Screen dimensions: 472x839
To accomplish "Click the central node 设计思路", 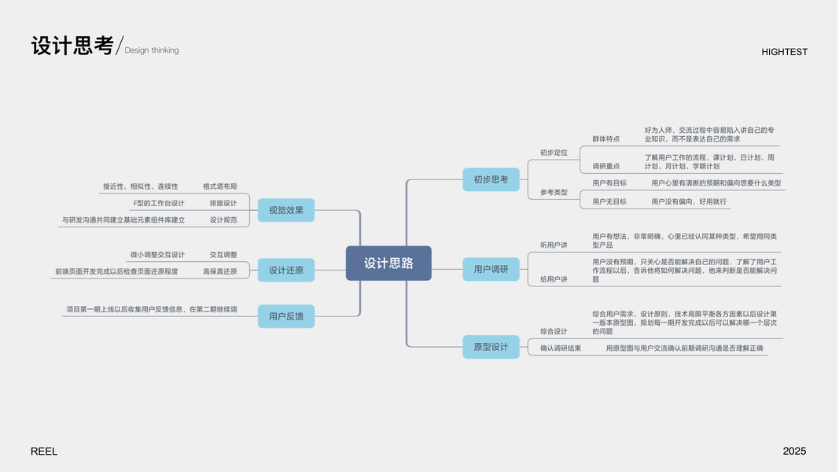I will [x=388, y=264].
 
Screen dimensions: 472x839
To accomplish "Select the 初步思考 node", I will [x=491, y=179].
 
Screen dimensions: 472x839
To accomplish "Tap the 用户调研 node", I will [x=491, y=269].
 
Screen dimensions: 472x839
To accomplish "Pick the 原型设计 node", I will [x=491, y=347].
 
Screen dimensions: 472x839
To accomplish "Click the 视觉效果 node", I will [x=285, y=210].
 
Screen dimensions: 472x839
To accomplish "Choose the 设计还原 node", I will [x=285, y=270].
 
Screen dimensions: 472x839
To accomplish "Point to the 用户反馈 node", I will [x=285, y=316].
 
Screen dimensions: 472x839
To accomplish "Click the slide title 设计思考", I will [x=72, y=46].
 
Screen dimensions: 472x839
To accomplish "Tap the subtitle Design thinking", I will [x=152, y=50].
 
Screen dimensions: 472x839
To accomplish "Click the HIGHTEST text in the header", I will [x=784, y=52].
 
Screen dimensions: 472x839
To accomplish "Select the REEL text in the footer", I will [x=44, y=452].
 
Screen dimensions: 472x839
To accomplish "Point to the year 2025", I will [x=794, y=452].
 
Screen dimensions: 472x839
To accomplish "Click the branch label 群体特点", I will [x=605, y=138].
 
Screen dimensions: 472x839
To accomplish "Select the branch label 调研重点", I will [x=605, y=166].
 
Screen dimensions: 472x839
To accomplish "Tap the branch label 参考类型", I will [x=554, y=192].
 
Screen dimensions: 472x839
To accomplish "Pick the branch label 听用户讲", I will [x=554, y=245].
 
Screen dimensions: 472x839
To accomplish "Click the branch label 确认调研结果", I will [x=561, y=348].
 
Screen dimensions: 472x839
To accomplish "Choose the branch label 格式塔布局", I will [x=219, y=186].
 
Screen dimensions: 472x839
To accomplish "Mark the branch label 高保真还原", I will [x=219, y=271].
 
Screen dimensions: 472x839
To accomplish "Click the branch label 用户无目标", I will [x=609, y=201].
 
